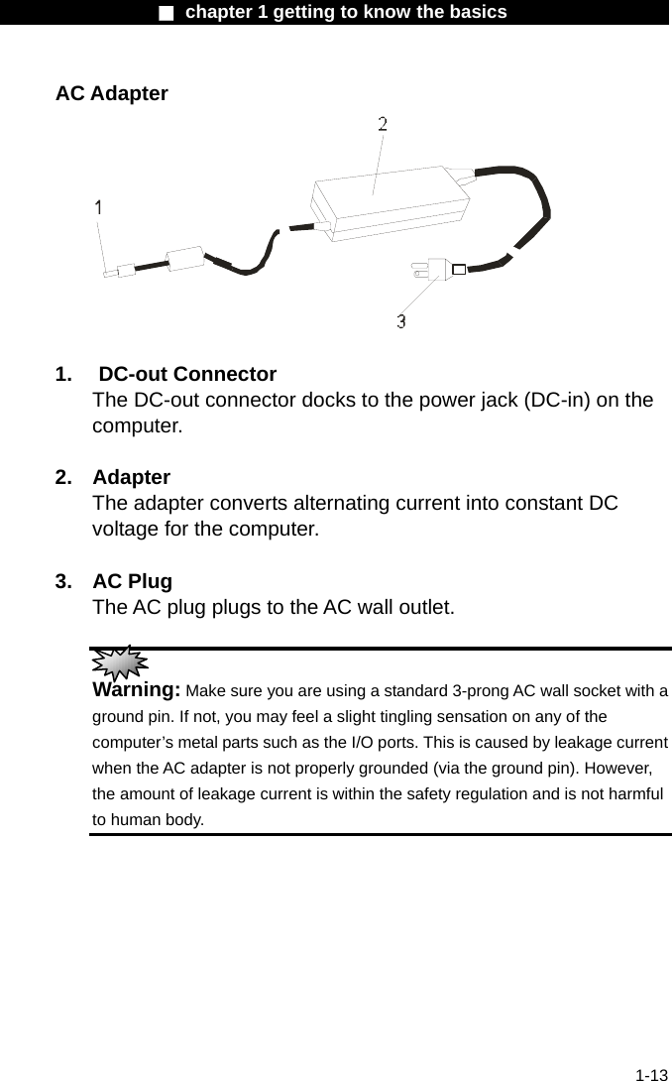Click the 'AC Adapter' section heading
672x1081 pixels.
tap(112, 94)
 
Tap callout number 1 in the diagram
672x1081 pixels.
tap(99, 207)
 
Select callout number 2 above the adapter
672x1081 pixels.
tap(383, 124)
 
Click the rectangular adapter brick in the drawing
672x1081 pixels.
tap(390, 203)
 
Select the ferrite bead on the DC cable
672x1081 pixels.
tap(185, 259)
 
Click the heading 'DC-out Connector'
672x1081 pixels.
tap(187, 374)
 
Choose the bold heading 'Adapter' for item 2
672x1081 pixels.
tap(131, 477)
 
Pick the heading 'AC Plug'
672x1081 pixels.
tap(132, 580)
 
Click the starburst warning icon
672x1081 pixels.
tap(118, 661)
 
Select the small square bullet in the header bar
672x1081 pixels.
tap(167, 13)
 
